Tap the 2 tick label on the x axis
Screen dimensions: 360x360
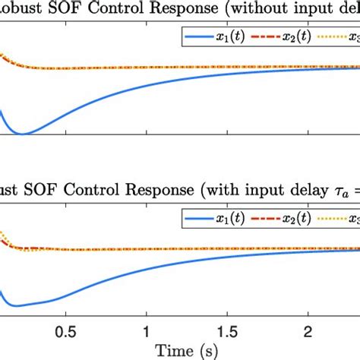(x=308, y=332)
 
